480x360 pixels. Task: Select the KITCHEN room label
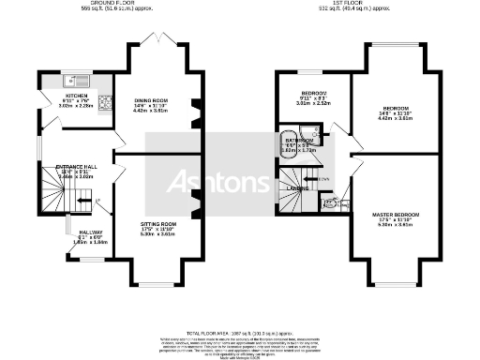click(76, 96)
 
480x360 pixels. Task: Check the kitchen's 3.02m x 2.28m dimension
click(76, 106)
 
